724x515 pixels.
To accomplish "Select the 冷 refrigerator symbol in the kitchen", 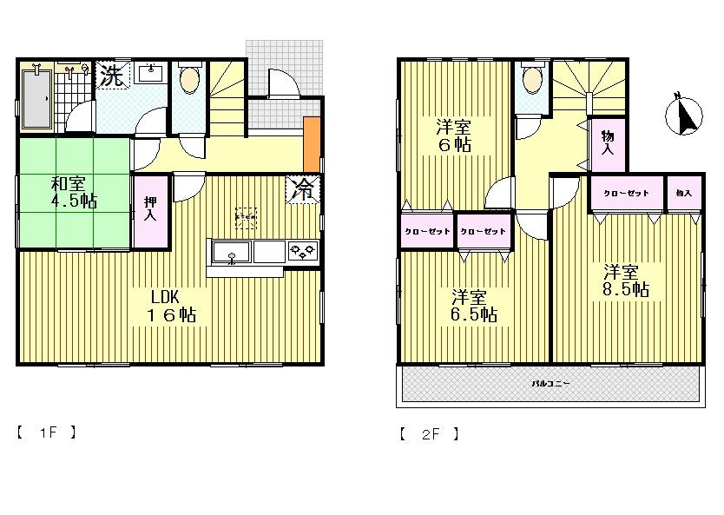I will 304,190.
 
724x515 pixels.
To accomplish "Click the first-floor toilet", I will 189,83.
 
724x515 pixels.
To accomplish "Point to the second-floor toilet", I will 530,83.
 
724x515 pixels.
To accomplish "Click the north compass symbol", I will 685,116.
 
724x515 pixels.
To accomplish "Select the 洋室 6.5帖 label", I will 472,305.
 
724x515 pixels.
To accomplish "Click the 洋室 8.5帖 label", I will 626,280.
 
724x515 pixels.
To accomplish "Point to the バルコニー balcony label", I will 550,382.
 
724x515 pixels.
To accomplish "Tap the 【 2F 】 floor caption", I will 429,432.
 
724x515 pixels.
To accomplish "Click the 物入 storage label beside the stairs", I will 609,142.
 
